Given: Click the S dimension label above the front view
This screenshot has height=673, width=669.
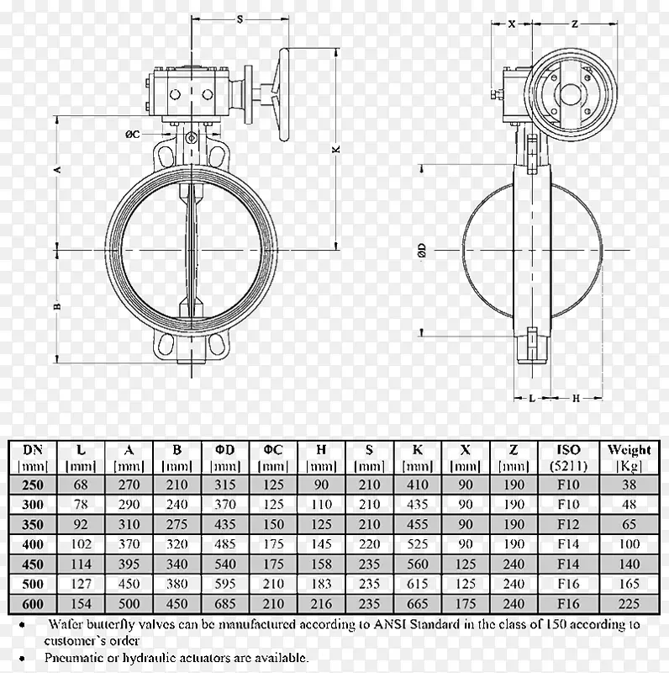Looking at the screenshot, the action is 240,19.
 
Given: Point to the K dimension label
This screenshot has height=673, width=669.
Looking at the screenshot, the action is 336,149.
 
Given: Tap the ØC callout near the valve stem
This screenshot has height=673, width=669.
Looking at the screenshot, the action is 133,135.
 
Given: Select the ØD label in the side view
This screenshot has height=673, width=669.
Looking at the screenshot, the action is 422,250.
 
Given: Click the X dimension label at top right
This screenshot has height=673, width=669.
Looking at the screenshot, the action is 512,24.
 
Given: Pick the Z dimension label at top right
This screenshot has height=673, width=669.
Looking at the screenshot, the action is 575,24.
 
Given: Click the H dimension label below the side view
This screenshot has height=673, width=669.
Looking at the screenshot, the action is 576,398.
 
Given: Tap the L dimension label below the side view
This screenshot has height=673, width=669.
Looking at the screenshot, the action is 532,398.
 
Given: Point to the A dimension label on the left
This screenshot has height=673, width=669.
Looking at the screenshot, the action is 57,170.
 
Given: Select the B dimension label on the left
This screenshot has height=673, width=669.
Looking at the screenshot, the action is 57,306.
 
